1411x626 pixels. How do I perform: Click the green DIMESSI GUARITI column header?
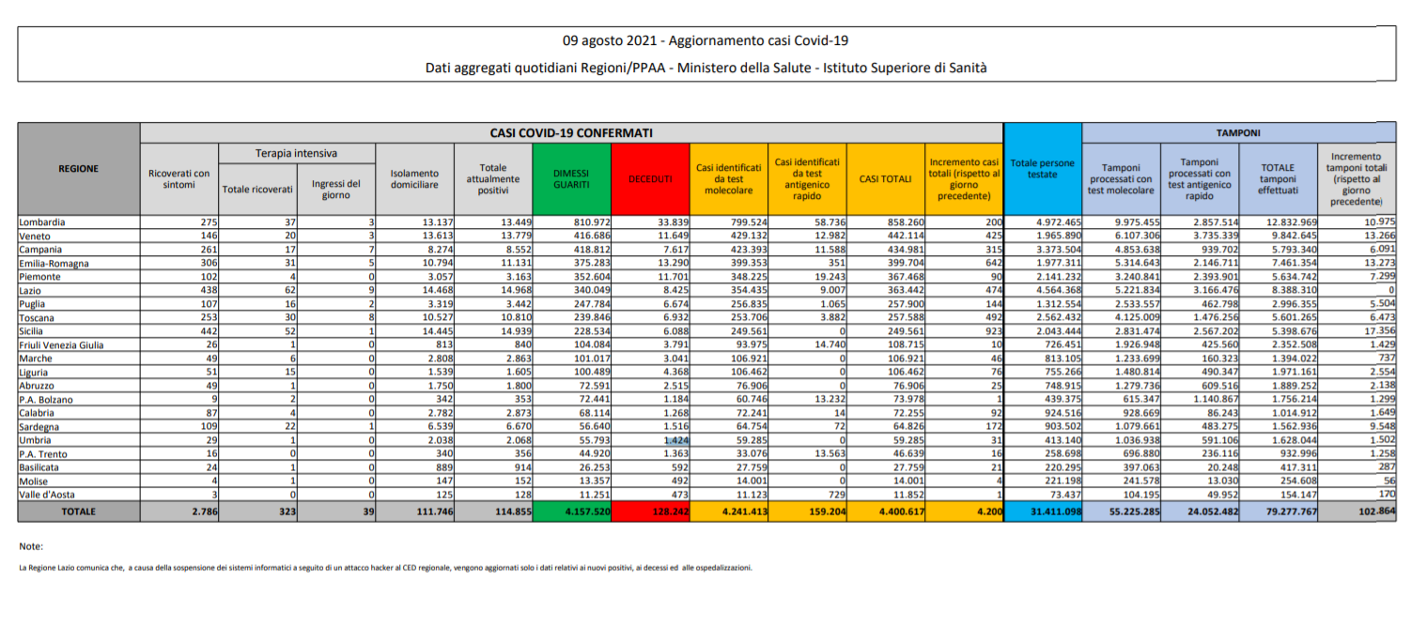click(x=571, y=179)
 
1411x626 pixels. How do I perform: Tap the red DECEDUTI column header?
click(x=649, y=179)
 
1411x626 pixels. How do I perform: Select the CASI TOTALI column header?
click(x=885, y=179)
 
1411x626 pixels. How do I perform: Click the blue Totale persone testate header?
click(x=1042, y=169)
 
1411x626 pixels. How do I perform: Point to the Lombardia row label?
click(x=42, y=221)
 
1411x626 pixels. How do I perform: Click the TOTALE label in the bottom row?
click(x=79, y=511)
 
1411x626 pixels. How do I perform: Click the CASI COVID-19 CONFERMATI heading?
click(x=571, y=133)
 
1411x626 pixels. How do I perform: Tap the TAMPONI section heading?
click(x=1238, y=133)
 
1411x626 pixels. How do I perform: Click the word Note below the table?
click(x=31, y=546)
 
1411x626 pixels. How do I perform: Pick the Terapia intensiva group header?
click(x=296, y=153)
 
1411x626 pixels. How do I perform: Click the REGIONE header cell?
click(x=79, y=169)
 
